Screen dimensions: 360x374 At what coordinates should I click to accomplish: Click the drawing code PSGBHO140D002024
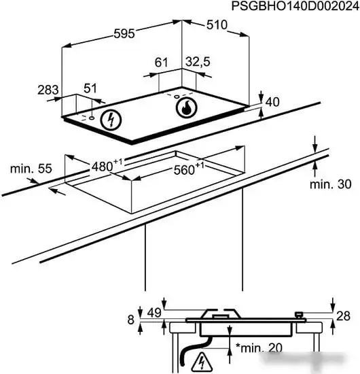pos(295,6)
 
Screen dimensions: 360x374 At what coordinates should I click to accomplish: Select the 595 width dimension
pos(124,33)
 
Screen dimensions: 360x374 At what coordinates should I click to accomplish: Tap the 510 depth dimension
pos(217,24)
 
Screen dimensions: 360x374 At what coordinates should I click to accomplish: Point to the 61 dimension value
pos(161,63)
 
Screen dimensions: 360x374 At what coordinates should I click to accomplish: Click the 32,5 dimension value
pos(198,61)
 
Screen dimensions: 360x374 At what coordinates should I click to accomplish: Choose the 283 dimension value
pos(48,90)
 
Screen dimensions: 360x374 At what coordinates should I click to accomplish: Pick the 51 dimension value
pos(90,88)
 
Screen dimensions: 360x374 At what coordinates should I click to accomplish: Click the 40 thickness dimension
pos(272,102)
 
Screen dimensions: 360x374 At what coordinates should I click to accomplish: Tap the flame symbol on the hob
pos(187,108)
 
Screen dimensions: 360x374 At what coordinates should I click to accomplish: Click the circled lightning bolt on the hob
pos(111,120)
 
